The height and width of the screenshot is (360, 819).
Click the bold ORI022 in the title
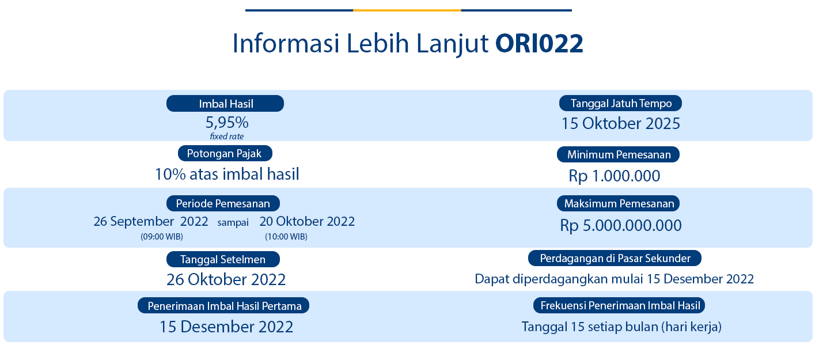(x=539, y=44)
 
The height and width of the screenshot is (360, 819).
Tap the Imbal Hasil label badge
(x=225, y=104)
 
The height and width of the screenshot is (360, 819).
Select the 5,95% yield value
(x=227, y=123)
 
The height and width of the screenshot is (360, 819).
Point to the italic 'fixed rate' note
(x=227, y=137)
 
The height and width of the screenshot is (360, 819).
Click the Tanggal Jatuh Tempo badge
(x=620, y=103)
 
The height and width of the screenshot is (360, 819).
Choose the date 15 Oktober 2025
(x=620, y=123)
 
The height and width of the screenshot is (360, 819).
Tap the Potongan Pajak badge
(x=225, y=153)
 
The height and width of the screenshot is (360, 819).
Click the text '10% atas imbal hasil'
(x=227, y=174)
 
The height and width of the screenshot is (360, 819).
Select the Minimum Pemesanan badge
(x=618, y=154)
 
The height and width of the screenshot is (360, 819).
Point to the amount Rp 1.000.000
(x=614, y=176)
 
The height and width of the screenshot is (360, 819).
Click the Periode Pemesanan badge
(x=223, y=203)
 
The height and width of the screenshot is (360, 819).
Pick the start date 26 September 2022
(x=151, y=221)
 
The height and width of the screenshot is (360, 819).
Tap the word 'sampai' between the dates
(x=233, y=222)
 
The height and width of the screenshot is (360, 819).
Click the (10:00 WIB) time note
(x=286, y=237)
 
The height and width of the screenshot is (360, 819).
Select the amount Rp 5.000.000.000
(x=621, y=225)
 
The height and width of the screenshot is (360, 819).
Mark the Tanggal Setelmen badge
(x=223, y=259)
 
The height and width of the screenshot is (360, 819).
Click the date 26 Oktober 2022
(x=226, y=279)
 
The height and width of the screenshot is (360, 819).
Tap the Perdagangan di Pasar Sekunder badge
(x=615, y=258)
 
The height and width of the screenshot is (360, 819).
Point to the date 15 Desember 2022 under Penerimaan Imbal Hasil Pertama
(x=226, y=327)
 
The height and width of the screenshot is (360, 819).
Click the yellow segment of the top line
(x=407, y=10)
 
